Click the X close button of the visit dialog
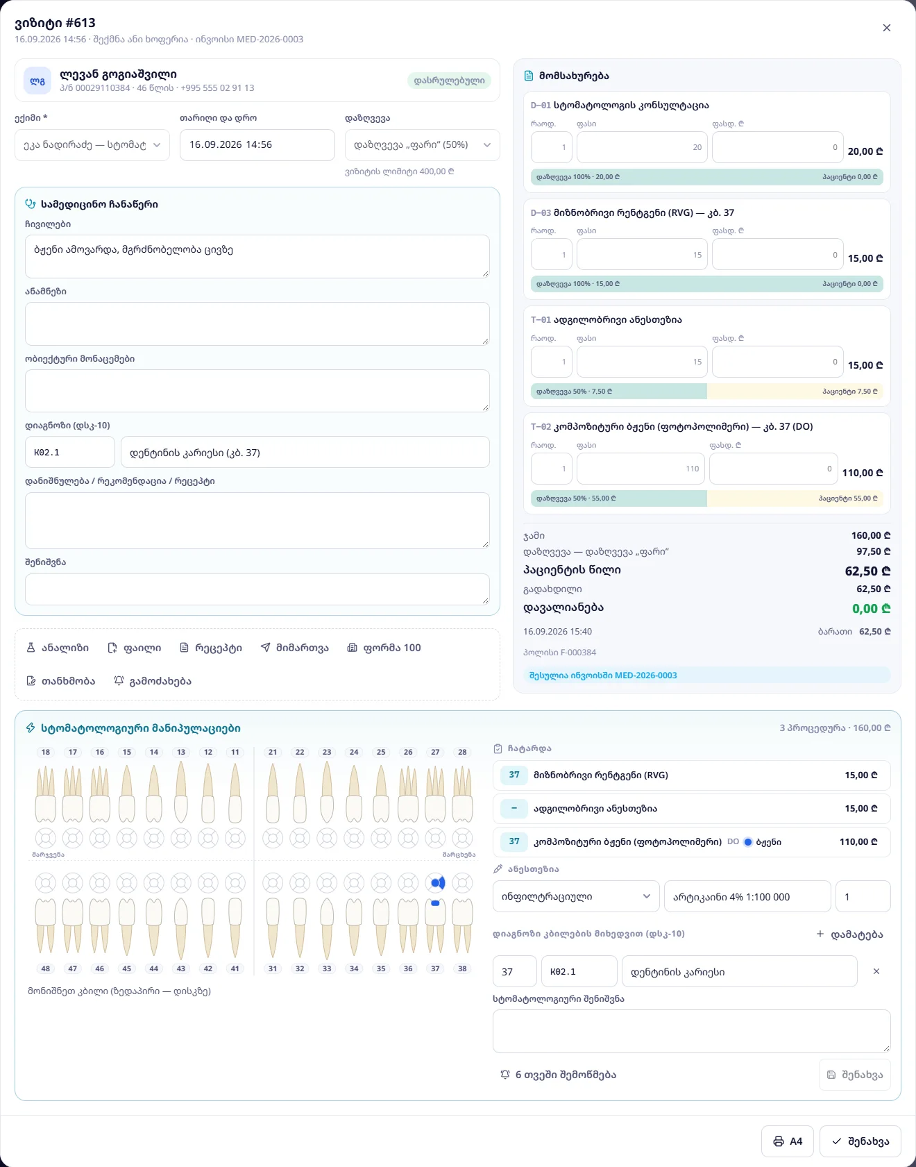pyautogui.click(x=886, y=28)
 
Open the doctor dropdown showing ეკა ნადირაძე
pyautogui.click(x=92, y=145)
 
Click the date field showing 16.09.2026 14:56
pyautogui.click(x=257, y=145)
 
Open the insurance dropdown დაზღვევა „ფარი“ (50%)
pyautogui.click(x=423, y=145)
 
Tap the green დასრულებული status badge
pyautogui.click(x=450, y=81)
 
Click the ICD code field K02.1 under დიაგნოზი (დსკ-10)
pyautogui.click(x=70, y=452)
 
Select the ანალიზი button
pyautogui.click(x=58, y=648)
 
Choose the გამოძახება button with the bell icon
pyautogui.click(x=153, y=681)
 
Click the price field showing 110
pyautogui.click(x=641, y=469)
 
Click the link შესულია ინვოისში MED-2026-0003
pyautogui.click(x=603, y=675)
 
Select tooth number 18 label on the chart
pyautogui.click(x=46, y=752)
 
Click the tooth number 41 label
pyautogui.click(x=235, y=968)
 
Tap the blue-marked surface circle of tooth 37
pyautogui.click(x=435, y=883)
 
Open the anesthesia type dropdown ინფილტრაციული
pyautogui.click(x=576, y=896)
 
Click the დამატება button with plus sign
pyautogui.click(x=850, y=934)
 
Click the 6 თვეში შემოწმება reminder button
pyautogui.click(x=559, y=1075)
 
